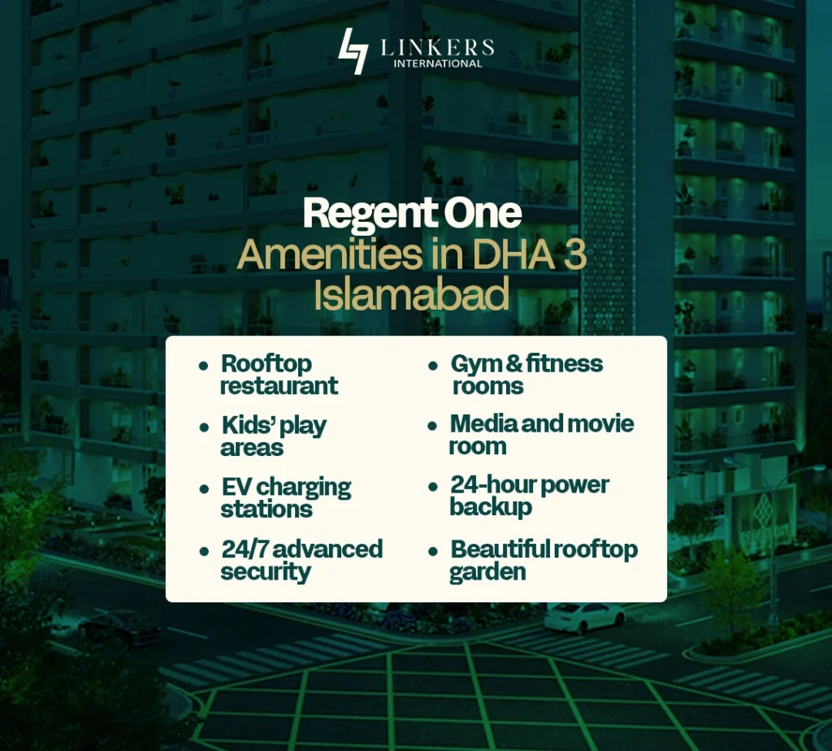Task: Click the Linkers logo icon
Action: click(x=353, y=50)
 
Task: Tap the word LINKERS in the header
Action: click(x=437, y=47)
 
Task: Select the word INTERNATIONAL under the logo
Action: click(x=437, y=64)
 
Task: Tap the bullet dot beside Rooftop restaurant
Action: click(x=203, y=364)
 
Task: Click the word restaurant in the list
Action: click(x=279, y=385)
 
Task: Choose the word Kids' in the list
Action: click(x=246, y=424)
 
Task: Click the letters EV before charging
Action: click(x=235, y=487)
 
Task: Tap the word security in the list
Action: click(x=266, y=571)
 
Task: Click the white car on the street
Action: click(x=574, y=617)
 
